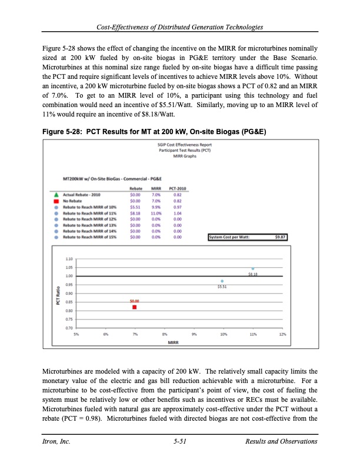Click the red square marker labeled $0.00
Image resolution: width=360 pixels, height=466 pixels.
pos(135,307)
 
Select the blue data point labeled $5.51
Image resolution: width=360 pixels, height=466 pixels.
pos(222,281)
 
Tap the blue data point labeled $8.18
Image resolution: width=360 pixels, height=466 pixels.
pos(253,268)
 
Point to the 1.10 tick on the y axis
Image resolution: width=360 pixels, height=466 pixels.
pos(69,259)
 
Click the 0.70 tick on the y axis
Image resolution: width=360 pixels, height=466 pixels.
pos(69,328)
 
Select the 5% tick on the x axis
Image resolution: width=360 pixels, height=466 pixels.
pos(76,334)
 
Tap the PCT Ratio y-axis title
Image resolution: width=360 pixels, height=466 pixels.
pos(58,293)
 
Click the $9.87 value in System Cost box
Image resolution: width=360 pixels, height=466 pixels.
pos(280,221)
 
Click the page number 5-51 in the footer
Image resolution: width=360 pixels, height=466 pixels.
pos(180,441)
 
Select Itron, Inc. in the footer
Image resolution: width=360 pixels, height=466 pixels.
pos(55,441)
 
